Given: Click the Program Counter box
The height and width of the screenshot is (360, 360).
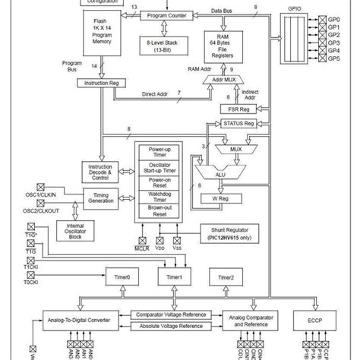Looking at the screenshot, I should pos(166,14).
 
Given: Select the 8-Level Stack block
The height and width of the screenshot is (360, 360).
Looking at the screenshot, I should pos(166,49).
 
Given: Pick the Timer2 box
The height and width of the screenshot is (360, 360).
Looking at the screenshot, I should pos(226,278).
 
